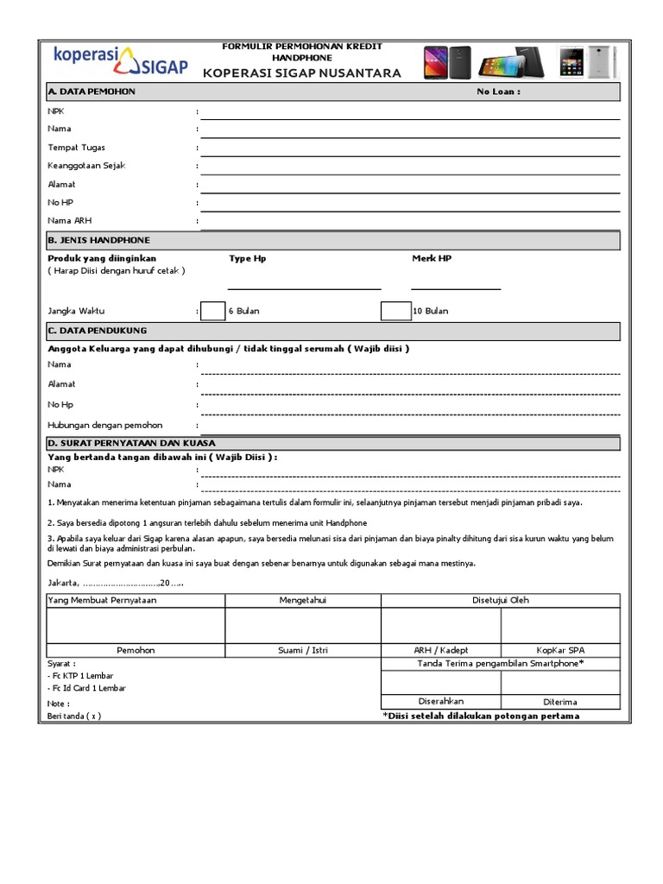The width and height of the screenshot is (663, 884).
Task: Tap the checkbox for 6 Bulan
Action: (212, 311)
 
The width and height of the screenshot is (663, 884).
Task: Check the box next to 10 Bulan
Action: (395, 311)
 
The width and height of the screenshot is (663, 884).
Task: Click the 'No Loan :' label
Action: (498, 92)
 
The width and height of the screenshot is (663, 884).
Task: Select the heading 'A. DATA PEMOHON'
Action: (92, 92)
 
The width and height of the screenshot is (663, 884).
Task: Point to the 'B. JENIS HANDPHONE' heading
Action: (98, 240)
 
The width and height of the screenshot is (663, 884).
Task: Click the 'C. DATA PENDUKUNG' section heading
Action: (98, 331)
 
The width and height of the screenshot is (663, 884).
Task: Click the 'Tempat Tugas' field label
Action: (77, 148)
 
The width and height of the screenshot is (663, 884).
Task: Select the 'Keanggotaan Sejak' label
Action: (87, 166)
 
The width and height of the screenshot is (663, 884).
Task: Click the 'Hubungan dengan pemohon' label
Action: (105, 426)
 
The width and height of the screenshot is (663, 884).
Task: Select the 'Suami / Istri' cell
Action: (303, 650)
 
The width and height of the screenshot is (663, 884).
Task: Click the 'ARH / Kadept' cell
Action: (441, 650)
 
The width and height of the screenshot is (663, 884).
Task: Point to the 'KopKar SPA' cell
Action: (559, 650)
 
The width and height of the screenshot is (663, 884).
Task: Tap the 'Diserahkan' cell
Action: (441, 701)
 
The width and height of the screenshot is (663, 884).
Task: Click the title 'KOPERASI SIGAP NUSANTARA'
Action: (302, 73)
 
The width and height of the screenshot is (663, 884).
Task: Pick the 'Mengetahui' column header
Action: (303, 600)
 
